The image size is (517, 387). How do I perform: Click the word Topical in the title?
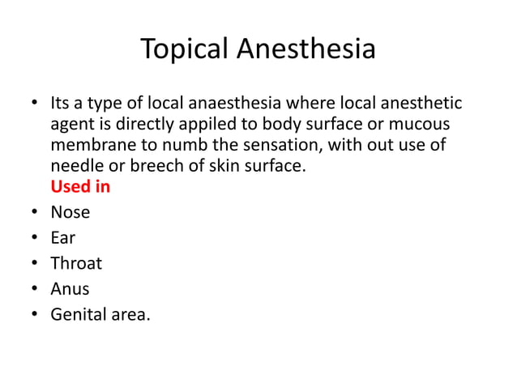pos(185,49)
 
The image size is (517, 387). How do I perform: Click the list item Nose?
pos(70,213)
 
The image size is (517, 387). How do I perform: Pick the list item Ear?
pos(63,238)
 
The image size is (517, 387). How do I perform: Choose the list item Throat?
pos(76,263)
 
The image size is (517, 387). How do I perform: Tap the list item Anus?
pos(70,289)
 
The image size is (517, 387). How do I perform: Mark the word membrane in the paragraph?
pos(91,146)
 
